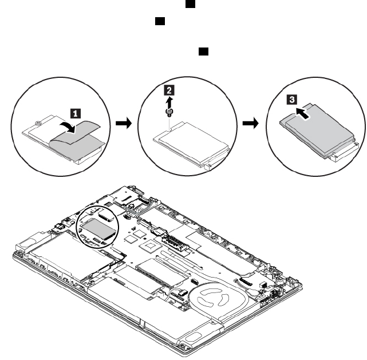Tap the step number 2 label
tap(168, 89)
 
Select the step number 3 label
tap(293, 100)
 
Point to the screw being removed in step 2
tap(168, 111)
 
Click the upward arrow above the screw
tap(168, 100)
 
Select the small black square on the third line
tap(203, 52)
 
